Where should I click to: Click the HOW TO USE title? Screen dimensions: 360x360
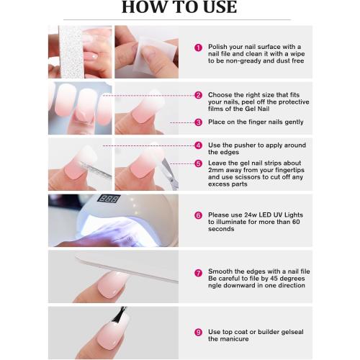(179, 9)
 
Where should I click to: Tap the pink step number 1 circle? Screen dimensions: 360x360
(198, 48)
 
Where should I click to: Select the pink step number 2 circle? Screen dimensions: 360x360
(198, 95)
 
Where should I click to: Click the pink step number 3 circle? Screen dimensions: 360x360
(198, 122)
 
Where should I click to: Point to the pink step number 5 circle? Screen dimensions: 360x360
(198, 163)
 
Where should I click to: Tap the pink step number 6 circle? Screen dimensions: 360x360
(198, 215)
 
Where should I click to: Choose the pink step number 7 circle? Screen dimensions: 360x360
(198, 273)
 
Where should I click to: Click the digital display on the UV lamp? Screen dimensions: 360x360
(109, 199)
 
